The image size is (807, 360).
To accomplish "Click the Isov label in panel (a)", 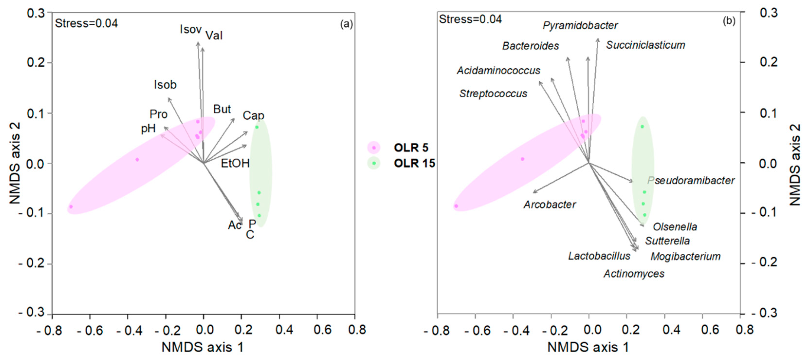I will pyautogui.click(x=190, y=29).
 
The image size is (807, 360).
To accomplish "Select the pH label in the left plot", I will pyautogui.click(x=148, y=129).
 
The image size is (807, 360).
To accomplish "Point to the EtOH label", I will pyautogui.click(x=235, y=163).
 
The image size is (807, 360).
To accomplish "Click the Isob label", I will pyautogui.click(x=165, y=85).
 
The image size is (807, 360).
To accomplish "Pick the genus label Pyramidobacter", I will pyautogui.click(x=580, y=25).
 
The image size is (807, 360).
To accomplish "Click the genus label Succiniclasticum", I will pyautogui.click(x=645, y=45).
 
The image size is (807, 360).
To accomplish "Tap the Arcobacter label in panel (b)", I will pyautogui.click(x=550, y=205).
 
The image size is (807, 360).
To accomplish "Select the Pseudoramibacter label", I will pyautogui.click(x=691, y=180).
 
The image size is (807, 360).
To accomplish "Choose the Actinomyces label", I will pyautogui.click(x=634, y=274).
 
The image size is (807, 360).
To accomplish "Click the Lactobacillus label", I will pyautogui.click(x=599, y=256).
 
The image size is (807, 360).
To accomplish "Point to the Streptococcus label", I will pyautogui.click(x=493, y=94).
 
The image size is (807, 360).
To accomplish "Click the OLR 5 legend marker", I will pyautogui.click(x=373, y=148).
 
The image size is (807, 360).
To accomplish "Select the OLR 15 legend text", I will pyautogui.click(x=414, y=163).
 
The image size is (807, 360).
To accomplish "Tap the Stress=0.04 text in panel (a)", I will pyautogui.click(x=86, y=23).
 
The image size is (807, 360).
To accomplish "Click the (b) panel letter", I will pyautogui.click(x=729, y=21).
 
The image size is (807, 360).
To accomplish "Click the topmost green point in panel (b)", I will pyautogui.click(x=642, y=127).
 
